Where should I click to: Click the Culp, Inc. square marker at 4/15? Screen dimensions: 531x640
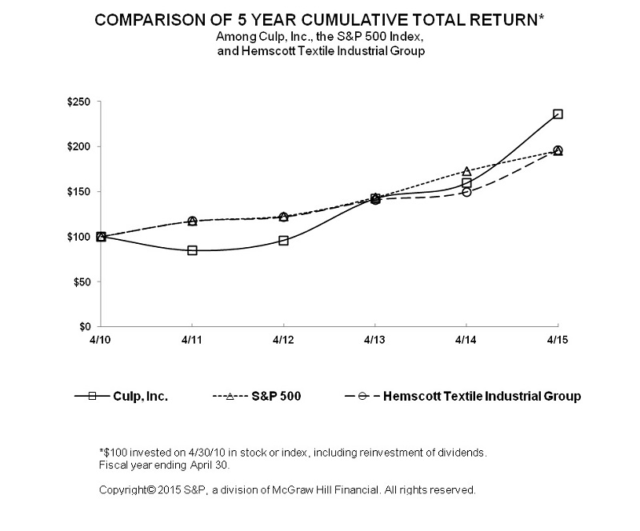pyautogui.click(x=558, y=114)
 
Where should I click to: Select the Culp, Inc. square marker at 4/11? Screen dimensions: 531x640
pyautogui.click(x=192, y=250)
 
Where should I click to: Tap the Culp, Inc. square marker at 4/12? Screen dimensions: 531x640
pyautogui.click(x=283, y=240)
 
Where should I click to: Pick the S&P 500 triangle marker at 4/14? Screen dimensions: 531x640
pyautogui.click(x=466, y=171)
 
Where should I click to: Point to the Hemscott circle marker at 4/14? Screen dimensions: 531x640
pyautogui.click(x=466, y=192)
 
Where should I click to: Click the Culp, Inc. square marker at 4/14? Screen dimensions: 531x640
pyautogui.click(x=466, y=183)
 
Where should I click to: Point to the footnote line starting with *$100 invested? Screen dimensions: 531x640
pyautogui.click(x=292, y=453)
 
